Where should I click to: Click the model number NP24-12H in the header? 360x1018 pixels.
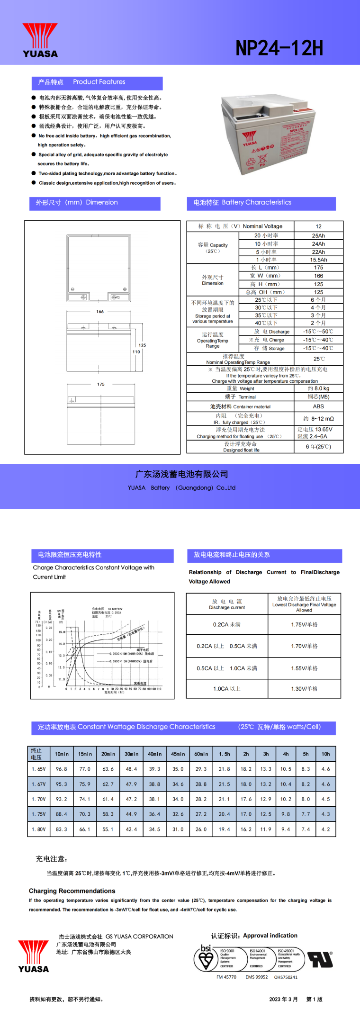[279, 48]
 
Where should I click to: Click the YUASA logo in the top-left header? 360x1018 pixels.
[40, 40]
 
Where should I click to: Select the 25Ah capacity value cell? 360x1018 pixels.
[318, 235]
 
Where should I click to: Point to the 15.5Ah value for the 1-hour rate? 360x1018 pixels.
[318, 260]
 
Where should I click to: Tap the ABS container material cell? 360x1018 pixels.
[318, 406]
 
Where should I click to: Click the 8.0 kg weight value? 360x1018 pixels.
[318, 388]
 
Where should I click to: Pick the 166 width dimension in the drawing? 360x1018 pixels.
[100, 312]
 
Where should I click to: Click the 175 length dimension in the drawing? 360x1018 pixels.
[101, 384]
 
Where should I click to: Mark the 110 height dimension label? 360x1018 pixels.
[136, 351]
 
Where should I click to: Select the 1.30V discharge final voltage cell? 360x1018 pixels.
[304, 689]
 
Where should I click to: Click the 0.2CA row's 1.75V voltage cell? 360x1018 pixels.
[304, 625]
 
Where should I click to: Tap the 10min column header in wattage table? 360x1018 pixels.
[62, 754]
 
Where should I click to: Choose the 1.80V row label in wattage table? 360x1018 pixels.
[39, 829]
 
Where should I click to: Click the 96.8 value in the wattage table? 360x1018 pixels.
[62, 769]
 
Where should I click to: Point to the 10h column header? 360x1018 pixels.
[325, 754]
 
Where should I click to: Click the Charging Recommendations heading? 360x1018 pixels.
[72, 891]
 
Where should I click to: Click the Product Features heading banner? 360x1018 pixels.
[97, 82]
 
